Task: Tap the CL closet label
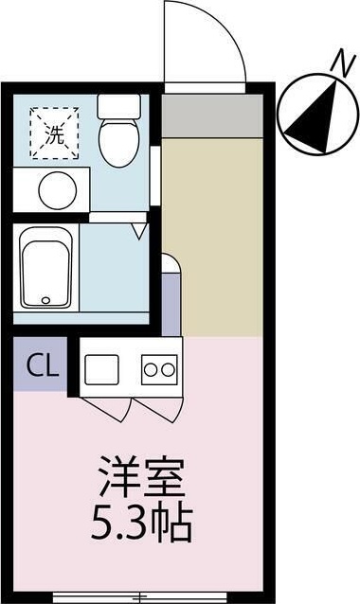tap(38, 363)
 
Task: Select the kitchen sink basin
tap(99, 367)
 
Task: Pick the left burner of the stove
tap(150, 368)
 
